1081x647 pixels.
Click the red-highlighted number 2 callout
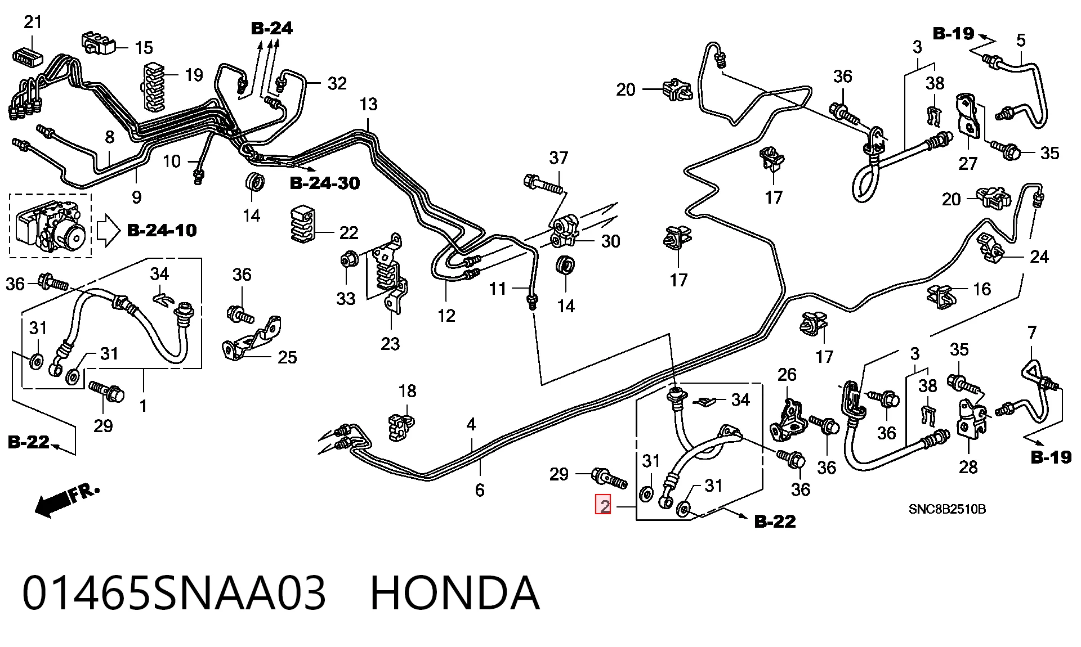tap(604, 505)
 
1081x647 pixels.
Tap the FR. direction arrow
tap(67, 500)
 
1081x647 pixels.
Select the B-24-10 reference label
tap(162, 230)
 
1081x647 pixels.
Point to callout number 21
tap(33, 22)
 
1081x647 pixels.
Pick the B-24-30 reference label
tap(325, 183)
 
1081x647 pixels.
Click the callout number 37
tap(559, 158)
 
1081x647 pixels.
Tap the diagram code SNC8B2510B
tap(947, 509)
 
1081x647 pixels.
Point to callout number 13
tap(368, 104)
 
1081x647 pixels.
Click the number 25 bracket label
tap(287, 357)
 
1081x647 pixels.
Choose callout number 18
tap(407, 390)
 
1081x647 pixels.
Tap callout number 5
tap(1021, 41)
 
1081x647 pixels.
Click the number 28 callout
tap(968, 466)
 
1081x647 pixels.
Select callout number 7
tap(1031, 333)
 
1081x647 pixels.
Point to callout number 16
tap(982, 289)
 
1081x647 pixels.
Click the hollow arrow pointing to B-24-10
tap(108, 231)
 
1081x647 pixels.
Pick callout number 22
tap(349, 233)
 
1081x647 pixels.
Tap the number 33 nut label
tap(346, 298)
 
